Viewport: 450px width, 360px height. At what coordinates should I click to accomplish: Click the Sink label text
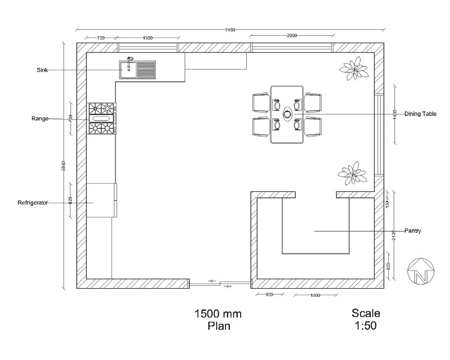click(x=42, y=70)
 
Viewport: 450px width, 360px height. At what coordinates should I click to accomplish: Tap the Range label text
click(x=40, y=118)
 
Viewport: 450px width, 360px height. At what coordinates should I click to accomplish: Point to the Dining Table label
click(x=420, y=114)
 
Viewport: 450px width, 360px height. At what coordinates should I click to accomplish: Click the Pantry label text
click(x=413, y=230)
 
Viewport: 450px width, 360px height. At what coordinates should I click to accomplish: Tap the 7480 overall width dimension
click(x=230, y=30)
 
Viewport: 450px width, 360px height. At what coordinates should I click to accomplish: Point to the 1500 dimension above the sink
click(x=148, y=38)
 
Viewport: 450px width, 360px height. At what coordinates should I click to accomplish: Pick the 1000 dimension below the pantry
click(x=315, y=295)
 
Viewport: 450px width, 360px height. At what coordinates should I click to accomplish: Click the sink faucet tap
click(x=130, y=59)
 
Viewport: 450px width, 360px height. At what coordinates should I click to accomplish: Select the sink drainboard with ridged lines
click(x=146, y=70)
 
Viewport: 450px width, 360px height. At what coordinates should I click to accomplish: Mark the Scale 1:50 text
click(x=366, y=319)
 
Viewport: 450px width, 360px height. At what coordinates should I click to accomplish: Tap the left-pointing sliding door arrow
click(x=211, y=281)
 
